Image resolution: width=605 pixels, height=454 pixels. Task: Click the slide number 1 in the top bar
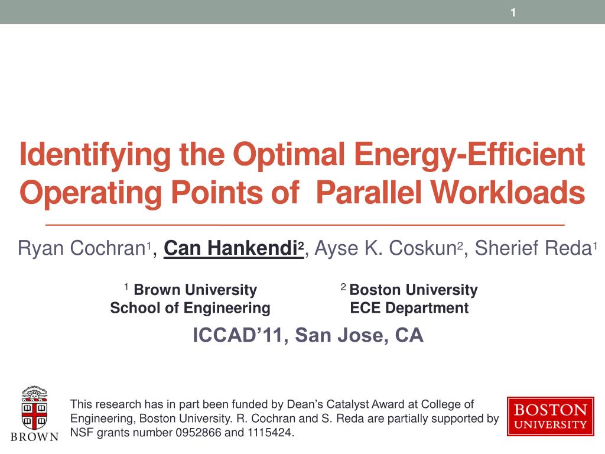pos(513,12)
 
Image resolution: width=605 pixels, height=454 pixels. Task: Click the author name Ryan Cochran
pos(82,249)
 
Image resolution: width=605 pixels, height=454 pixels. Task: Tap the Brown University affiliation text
pos(195,290)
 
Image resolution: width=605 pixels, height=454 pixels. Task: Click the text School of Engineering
pos(190,308)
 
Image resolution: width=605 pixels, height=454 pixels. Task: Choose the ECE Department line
pos(409,308)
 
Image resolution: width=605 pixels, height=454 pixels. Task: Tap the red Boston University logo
pos(550,417)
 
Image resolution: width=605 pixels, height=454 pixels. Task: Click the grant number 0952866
pos(199,433)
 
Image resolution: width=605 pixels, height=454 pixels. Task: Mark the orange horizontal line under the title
pos(304,226)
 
